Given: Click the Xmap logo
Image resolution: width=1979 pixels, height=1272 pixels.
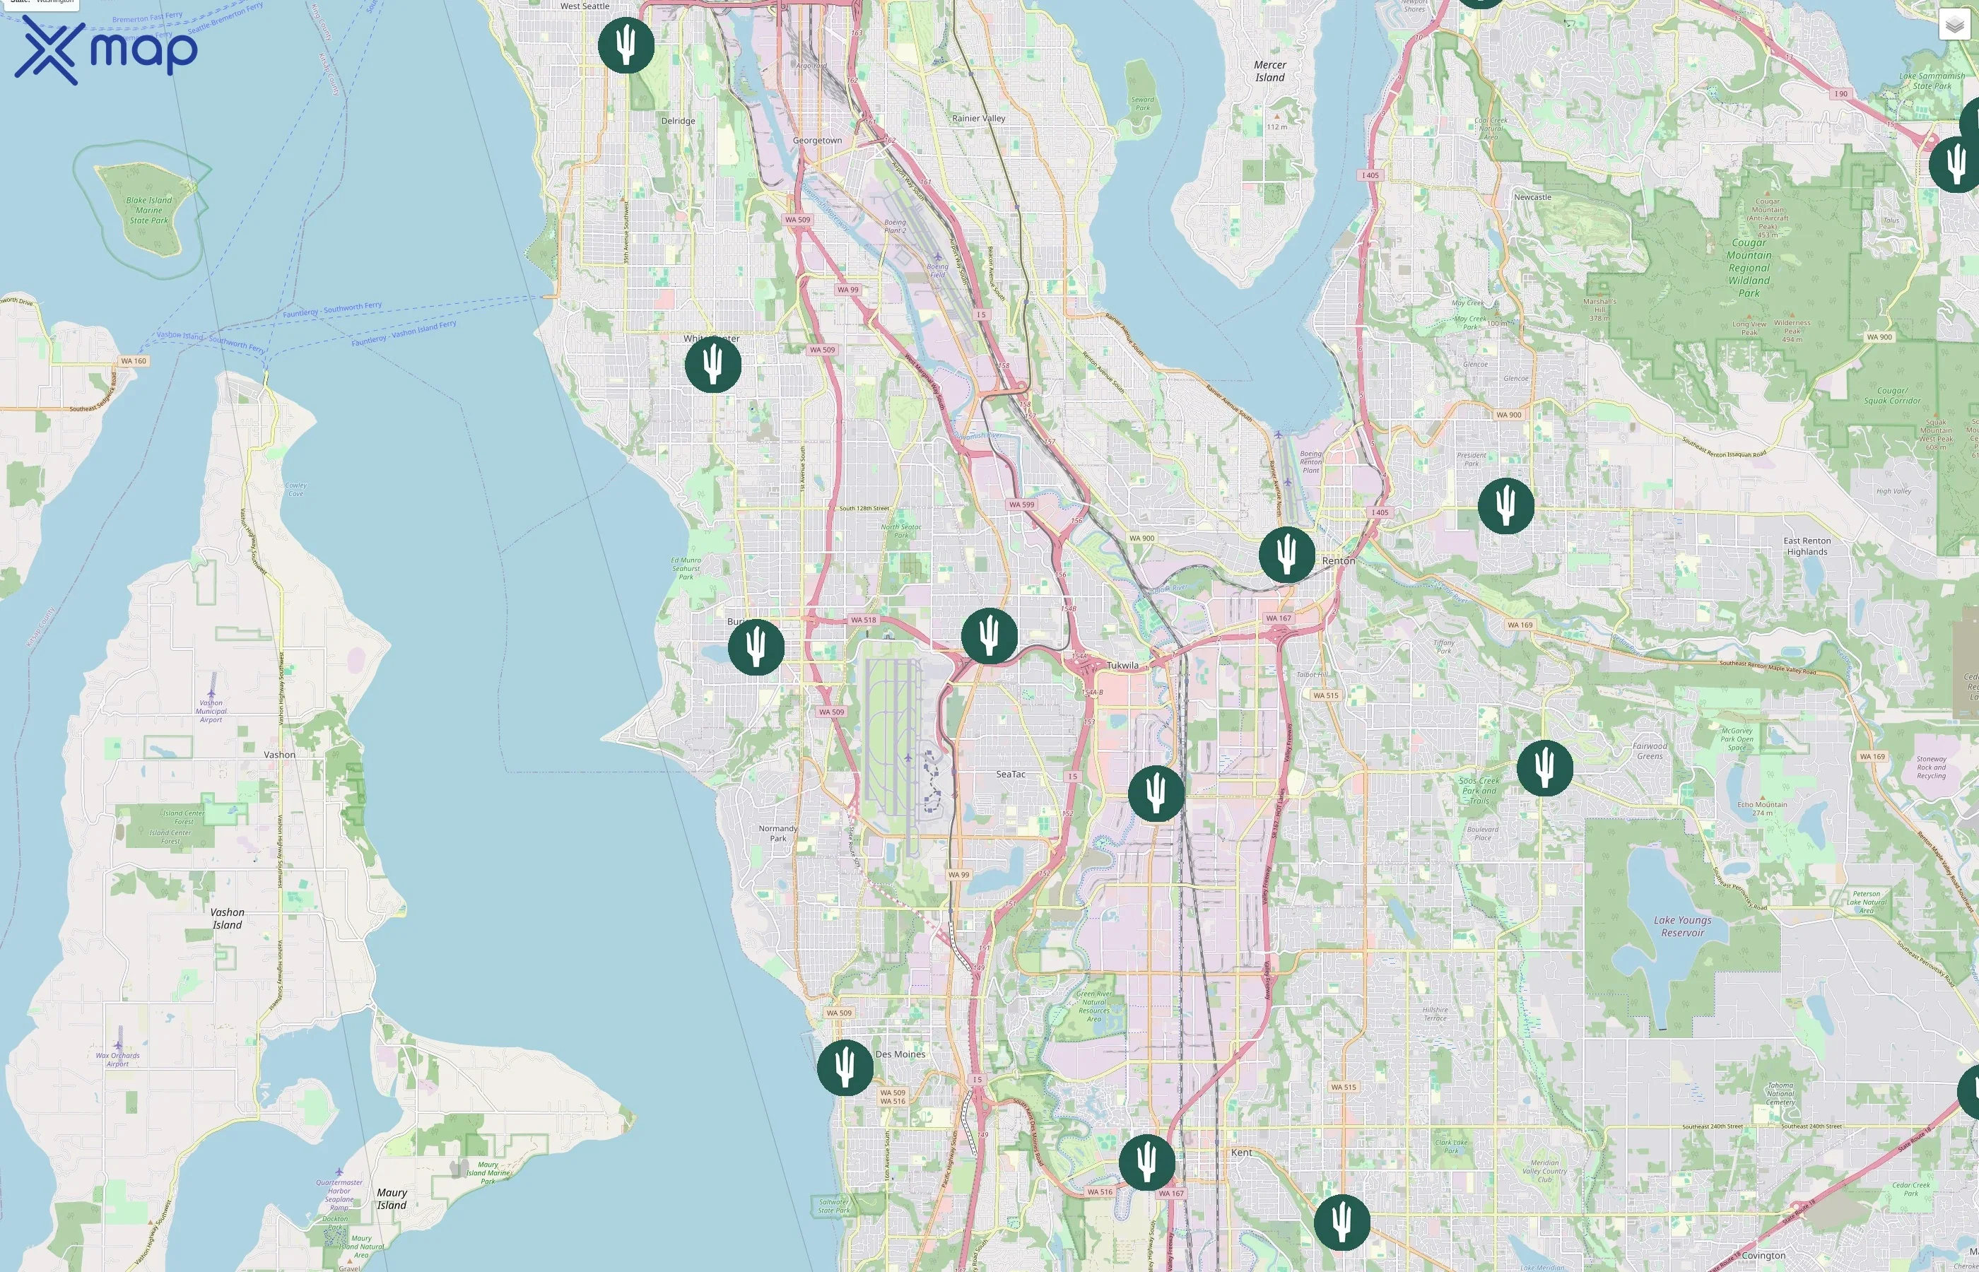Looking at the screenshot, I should click(106, 49).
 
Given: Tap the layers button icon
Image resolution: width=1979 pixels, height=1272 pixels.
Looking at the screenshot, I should click(1954, 25).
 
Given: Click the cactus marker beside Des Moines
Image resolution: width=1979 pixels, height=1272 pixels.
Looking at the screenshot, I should click(844, 1067).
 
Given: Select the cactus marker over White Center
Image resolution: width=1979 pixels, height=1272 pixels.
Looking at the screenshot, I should click(713, 364).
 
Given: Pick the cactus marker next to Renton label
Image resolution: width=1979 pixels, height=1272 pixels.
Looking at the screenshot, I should click(1286, 554).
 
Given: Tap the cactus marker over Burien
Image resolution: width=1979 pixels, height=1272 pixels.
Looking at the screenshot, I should click(756, 647).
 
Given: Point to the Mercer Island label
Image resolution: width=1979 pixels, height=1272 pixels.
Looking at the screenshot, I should click(1269, 71).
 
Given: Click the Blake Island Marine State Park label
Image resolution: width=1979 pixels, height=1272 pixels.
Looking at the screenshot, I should click(148, 210).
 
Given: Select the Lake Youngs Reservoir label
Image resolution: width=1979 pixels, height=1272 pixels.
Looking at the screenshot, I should click(1682, 926).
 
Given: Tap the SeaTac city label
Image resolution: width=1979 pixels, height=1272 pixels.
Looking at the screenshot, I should click(1010, 774).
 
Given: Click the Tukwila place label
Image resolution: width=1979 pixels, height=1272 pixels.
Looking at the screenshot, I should click(1122, 665).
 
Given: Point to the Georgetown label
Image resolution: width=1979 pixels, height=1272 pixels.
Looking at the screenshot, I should click(817, 141).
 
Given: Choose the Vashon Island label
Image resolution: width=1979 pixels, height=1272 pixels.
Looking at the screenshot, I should click(227, 919).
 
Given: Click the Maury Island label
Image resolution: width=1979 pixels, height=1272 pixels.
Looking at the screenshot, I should click(392, 1199).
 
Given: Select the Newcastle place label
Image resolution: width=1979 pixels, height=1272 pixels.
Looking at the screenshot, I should click(1532, 196).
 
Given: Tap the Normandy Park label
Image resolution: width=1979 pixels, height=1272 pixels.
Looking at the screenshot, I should click(778, 832).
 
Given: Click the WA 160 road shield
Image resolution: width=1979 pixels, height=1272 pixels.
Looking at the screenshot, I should click(133, 361).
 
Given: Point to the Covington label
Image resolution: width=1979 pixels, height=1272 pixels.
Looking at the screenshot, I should click(1763, 1256).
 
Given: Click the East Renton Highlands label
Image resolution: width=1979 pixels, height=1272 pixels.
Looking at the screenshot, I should click(1807, 546).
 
